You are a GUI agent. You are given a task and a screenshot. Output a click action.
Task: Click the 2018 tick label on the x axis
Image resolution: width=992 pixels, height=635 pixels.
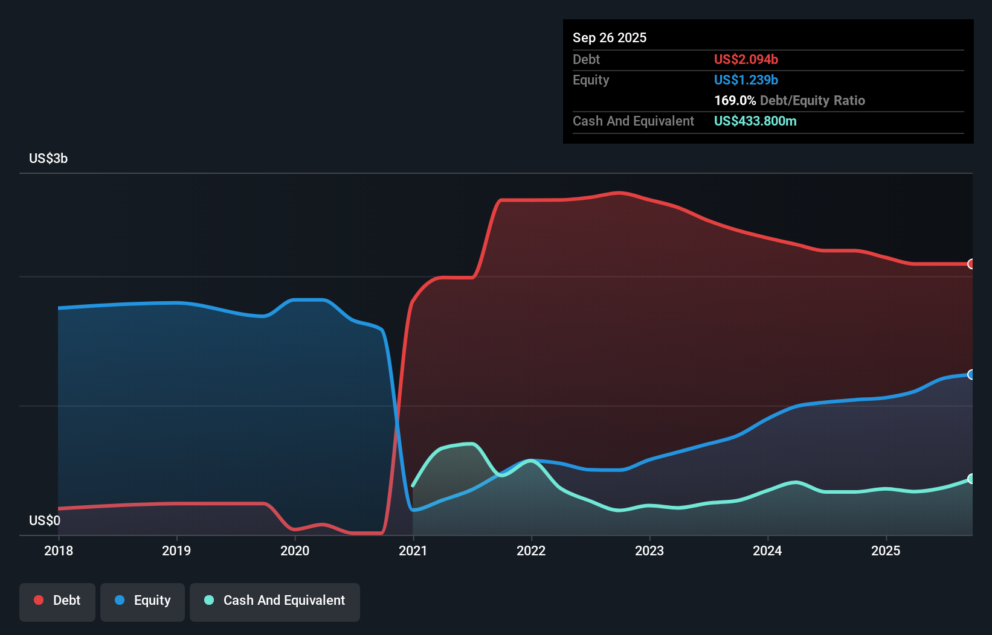[59, 550]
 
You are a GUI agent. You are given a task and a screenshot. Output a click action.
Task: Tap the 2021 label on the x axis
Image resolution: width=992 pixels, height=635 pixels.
[413, 550]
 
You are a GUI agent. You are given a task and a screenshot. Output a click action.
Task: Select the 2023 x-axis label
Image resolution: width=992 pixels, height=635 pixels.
[649, 550]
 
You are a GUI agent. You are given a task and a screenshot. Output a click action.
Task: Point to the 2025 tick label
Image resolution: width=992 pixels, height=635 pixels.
[886, 550]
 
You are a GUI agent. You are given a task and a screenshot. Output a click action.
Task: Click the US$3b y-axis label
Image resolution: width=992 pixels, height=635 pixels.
[48, 159]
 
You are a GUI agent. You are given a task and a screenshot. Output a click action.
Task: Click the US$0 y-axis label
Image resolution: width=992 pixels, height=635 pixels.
[45, 520]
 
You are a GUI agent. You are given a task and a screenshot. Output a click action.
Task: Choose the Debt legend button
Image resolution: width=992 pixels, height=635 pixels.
[57, 601]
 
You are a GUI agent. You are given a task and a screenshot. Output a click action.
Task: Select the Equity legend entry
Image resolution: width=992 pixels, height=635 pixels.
[143, 601]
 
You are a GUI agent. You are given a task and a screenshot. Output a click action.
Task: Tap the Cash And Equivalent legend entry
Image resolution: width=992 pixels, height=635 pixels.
[275, 601]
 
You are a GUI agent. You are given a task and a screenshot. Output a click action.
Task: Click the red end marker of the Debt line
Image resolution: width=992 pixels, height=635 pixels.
[971, 264]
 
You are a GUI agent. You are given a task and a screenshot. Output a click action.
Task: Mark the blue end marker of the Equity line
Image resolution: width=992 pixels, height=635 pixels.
[971, 375]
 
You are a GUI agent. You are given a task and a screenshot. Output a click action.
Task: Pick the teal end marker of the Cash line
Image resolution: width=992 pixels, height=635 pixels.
[971, 479]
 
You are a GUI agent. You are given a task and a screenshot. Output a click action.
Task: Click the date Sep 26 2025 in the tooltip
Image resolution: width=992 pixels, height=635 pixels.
[610, 37]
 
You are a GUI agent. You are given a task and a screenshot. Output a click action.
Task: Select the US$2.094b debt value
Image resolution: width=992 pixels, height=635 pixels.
[746, 59]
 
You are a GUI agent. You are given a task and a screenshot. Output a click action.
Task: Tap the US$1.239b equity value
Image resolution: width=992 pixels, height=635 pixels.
[746, 80]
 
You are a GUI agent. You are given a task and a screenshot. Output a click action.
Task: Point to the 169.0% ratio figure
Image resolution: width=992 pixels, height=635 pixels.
[735, 100]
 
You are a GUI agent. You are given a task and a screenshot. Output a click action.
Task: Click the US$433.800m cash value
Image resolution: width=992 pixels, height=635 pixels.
[755, 121]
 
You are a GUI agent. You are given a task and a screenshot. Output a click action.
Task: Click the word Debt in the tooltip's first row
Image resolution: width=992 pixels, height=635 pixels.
[586, 59]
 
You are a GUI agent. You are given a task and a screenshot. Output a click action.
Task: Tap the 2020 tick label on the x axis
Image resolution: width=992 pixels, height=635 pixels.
[295, 550]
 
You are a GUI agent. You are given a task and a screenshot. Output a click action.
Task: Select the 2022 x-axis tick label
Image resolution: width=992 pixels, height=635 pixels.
[531, 550]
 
